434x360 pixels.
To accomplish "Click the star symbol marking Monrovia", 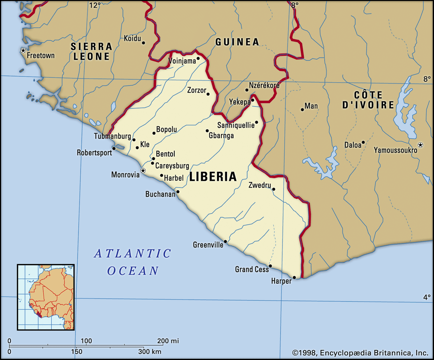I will tap(143, 170).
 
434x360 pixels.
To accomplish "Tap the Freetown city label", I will tap(41, 56).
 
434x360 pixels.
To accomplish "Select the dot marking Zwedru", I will tap(274, 189).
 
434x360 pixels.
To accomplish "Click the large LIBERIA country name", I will tap(213, 177).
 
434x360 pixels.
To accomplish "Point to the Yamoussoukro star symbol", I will tap(420, 145).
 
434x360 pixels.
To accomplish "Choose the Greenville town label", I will tap(208, 245).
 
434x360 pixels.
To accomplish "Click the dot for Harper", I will tap(294, 278).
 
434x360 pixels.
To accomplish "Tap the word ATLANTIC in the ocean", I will tap(132, 254).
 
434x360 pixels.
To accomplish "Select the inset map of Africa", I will tap(46, 297).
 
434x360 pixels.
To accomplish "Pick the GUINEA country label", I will tap(237, 42).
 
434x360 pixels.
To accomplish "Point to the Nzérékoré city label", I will tap(264, 85).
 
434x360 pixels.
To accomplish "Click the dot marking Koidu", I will tap(143, 43).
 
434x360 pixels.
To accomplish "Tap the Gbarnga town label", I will tap(221, 136).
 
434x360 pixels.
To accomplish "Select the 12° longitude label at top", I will tap(95, 5).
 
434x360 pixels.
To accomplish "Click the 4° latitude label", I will tap(427, 297).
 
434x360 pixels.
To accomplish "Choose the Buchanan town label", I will tap(160, 194).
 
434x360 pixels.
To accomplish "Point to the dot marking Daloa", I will tap(363, 142).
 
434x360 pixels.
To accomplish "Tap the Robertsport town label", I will tap(94, 153).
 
